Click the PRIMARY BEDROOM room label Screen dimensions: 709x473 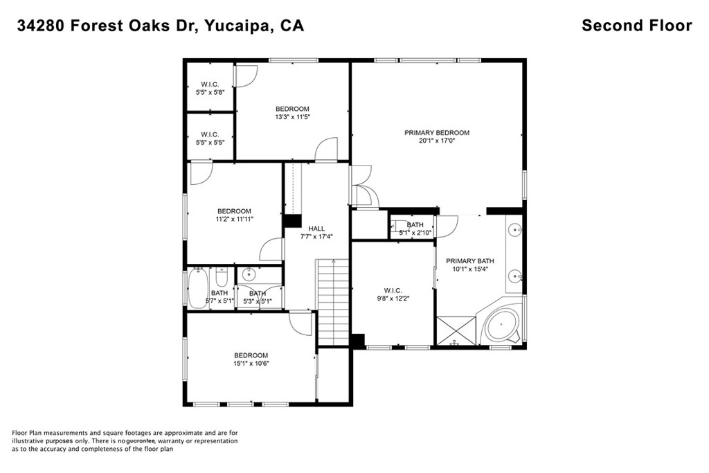[437, 132]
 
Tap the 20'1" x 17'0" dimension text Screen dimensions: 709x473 [437, 141]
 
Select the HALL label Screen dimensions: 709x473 [316, 229]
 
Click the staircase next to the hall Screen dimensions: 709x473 [333, 303]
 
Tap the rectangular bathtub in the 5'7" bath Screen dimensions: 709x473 [197, 288]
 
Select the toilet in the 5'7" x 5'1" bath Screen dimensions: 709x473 [221, 276]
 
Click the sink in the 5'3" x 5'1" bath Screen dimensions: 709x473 [248, 274]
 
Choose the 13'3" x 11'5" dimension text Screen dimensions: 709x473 [293, 116]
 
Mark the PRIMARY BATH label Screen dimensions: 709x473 [470, 261]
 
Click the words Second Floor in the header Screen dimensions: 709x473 [637, 26]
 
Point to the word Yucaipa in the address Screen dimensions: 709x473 [233, 26]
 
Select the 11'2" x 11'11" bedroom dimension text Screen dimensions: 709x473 [234, 220]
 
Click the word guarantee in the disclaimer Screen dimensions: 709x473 [141, 441]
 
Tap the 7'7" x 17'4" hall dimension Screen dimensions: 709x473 [316, 236]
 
